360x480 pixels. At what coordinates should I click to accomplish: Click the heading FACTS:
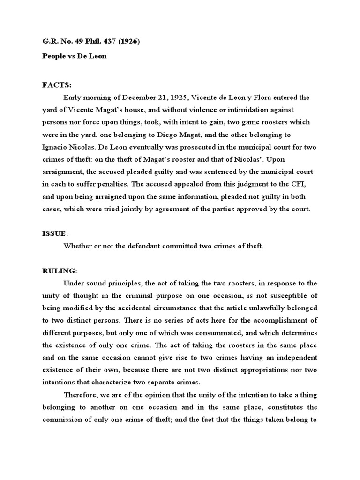pos(57,85)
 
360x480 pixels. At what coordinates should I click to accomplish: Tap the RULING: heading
pos(59,270)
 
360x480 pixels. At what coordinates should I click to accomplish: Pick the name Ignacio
pos(56,147)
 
